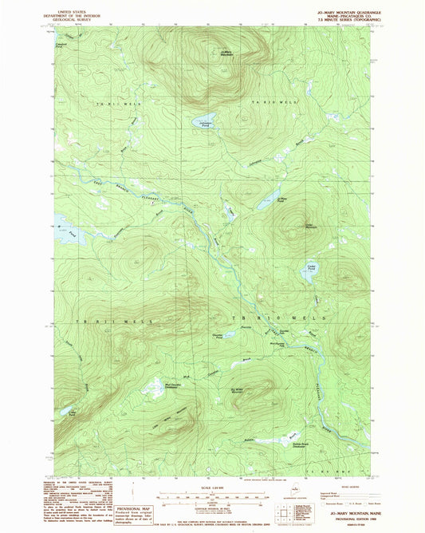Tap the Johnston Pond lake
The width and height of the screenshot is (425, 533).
point(196,123)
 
